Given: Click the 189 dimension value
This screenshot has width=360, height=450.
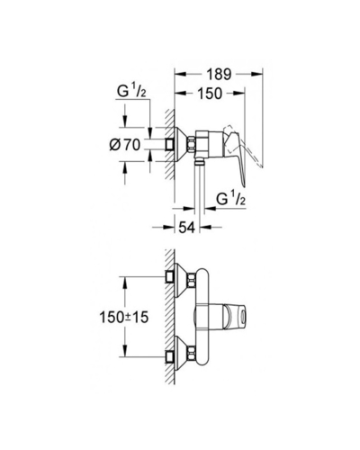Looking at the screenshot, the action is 219,75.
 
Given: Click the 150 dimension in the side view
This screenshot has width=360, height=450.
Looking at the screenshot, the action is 210,94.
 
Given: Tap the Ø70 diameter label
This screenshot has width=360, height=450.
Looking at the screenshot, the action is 125,146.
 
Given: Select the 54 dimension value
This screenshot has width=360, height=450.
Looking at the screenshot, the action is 187,228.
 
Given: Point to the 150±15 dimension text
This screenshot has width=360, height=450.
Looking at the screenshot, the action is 124,317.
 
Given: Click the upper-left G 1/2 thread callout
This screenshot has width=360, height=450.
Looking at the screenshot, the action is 131,91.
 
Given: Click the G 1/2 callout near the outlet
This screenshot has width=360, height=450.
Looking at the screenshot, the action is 231,199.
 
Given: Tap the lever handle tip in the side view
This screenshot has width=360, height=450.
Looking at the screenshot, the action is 244,185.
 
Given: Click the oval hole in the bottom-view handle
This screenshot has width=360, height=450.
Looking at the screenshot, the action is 242,317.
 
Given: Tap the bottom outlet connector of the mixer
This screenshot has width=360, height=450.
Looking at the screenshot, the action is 199,163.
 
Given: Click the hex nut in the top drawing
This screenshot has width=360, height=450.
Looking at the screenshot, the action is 191,144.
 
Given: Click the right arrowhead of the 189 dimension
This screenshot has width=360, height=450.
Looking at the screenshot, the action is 257,74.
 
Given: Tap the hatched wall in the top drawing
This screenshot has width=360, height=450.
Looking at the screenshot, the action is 169,144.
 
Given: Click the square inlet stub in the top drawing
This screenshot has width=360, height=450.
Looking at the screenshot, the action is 170,145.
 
